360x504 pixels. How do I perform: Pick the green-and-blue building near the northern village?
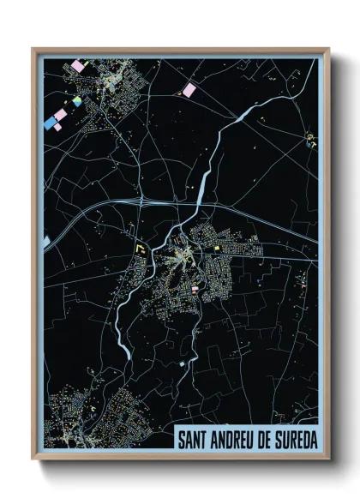[77, 103]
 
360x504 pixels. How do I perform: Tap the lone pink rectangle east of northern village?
[189, 89]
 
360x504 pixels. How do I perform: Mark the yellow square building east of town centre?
[217, 249]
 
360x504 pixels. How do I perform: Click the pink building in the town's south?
[195, 290]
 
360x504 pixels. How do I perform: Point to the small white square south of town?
[182, 363]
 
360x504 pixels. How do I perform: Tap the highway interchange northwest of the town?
[137, 202]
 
